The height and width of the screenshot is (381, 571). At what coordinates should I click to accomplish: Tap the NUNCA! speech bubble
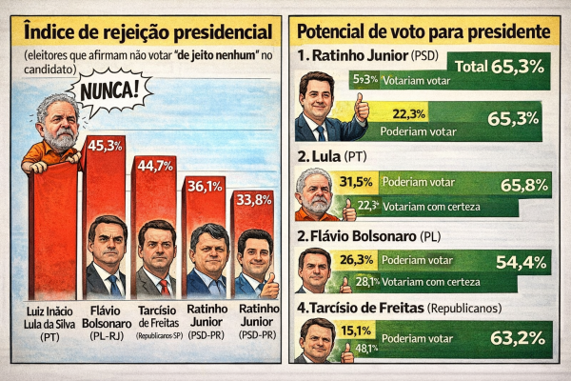(112, 93)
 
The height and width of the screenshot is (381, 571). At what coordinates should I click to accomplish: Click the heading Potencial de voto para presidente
(424, 31)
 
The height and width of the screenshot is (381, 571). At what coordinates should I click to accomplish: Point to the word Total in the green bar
(471, 67)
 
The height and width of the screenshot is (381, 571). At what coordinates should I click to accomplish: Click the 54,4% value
(516, 263)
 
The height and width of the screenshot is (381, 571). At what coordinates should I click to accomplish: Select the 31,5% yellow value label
(355, 182)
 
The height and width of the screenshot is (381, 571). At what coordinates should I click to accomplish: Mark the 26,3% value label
(355, 259)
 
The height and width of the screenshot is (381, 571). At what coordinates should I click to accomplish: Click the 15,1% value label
(355, 331)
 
